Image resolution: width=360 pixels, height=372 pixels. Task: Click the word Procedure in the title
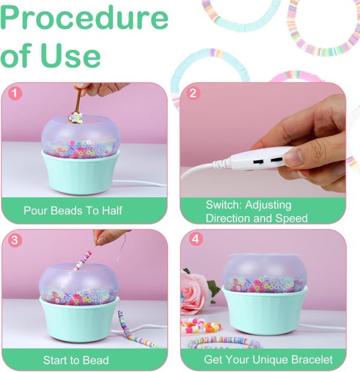point(84,19)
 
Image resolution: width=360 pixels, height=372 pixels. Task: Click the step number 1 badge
point(15,93)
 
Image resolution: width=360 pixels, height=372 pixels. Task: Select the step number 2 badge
point(193,93)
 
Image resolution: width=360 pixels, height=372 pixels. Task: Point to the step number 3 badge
point(15,240)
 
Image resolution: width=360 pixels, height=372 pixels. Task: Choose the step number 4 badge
point(196,239)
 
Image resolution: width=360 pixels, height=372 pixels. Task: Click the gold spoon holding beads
point(76,107)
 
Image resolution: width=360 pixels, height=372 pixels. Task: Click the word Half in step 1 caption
point(112,211)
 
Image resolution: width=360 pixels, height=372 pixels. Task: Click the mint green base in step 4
point(265,311)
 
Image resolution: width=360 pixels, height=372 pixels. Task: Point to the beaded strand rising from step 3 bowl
point(82,261)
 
